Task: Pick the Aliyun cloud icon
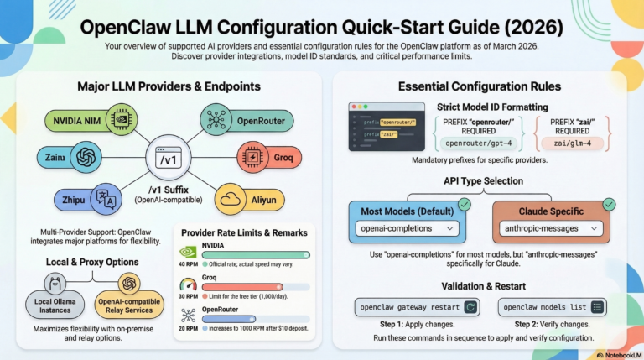[231, 199]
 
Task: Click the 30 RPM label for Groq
[187, 295]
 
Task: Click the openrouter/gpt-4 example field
[475, 143]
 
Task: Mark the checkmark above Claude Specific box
[609, 202]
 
